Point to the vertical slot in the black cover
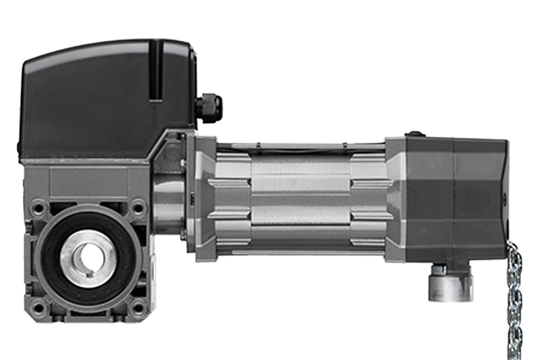[156, 71]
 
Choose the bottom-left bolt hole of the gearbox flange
[38, 307]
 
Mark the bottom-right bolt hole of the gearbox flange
[138, 307]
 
